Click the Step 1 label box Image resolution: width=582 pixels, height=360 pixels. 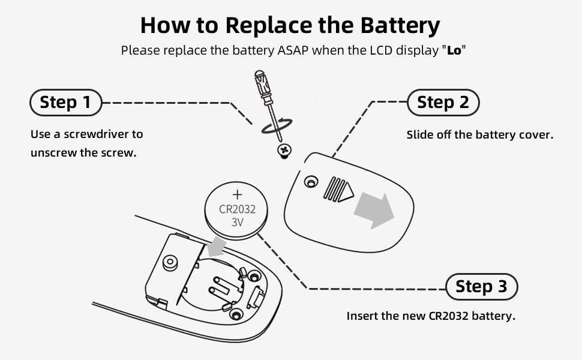click(x=65, y=103)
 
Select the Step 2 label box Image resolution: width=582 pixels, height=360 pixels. click(x=443, y=103)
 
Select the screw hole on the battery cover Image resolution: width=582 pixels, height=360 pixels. click(x=310, y=181)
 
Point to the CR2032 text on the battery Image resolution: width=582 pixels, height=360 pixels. click(x=238, y=209)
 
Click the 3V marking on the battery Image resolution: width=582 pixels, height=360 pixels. click(x=238, y=223)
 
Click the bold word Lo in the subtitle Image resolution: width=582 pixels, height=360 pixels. click(x=454, y=50)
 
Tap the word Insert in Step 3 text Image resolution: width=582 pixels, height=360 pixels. click(x=362, y=316)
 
